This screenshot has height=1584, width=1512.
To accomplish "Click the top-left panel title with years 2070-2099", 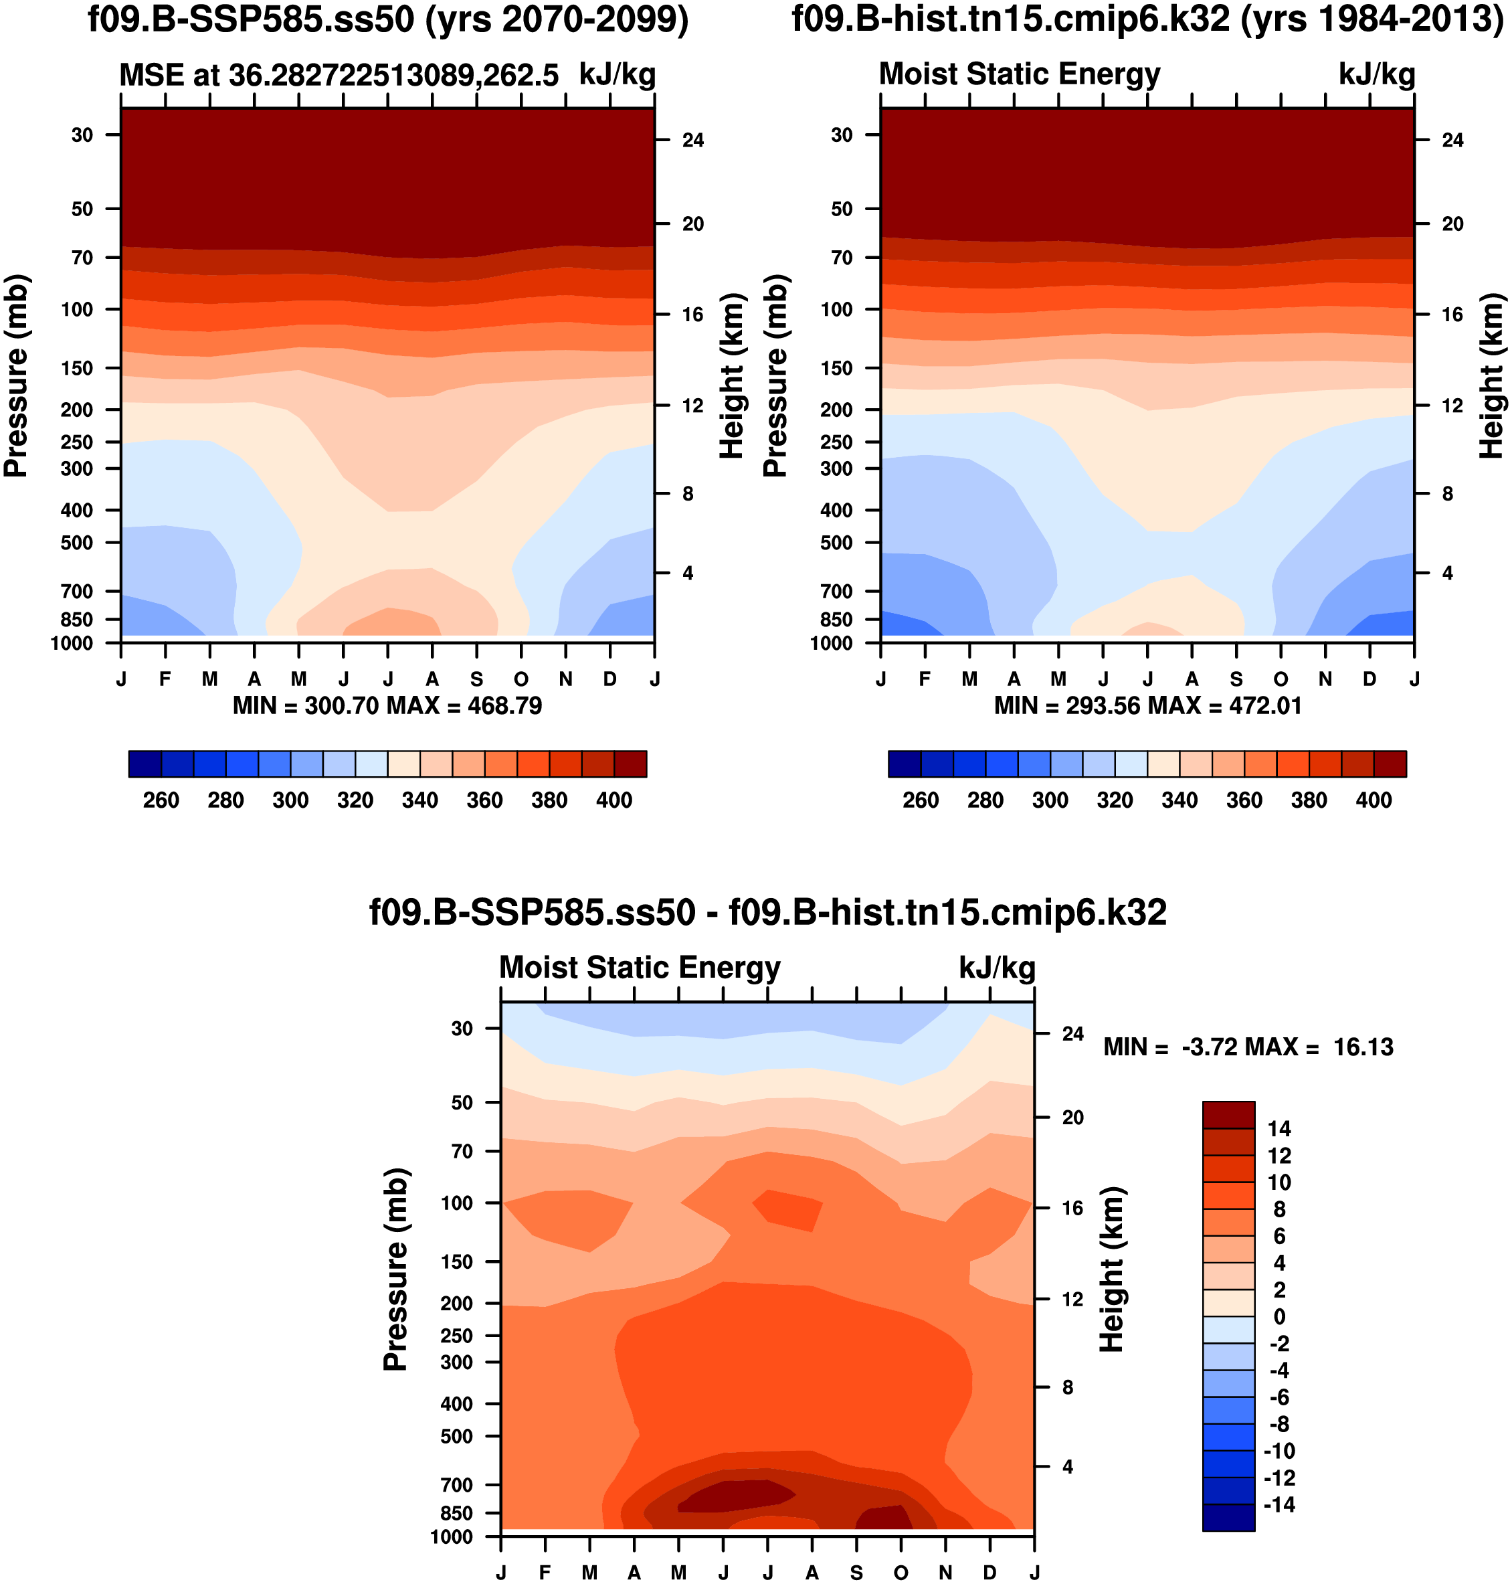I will (x=387, y=19).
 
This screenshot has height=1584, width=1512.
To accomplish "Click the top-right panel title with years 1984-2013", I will (x=1147, y=19).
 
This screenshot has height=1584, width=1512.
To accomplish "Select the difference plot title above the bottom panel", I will (x=767, y=913).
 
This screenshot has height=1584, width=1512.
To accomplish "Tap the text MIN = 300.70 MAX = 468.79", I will (x=387, y=706).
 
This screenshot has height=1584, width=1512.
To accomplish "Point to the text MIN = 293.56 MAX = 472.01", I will (x=1147, y=706).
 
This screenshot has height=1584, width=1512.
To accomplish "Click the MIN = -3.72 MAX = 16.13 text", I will (x=1248, y=1047).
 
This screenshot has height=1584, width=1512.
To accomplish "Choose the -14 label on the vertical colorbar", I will (x=1279, y=1505).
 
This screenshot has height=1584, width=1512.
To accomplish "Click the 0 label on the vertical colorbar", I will (x=1279, y=1317).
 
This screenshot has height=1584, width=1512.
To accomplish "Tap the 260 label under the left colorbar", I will (x=161, y=800).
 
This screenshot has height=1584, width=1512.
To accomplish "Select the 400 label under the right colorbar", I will (x=1374, y=800).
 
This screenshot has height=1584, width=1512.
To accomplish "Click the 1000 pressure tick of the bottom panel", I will (x=452, y=1536).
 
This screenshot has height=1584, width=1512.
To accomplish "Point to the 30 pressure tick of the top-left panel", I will (x=82, y=135).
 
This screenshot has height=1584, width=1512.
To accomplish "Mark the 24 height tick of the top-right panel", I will (x=1452, y=141).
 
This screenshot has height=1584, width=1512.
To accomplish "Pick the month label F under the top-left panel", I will (x=165, y=679).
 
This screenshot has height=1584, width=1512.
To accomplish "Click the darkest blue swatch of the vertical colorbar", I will (x=1228, y=1517).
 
